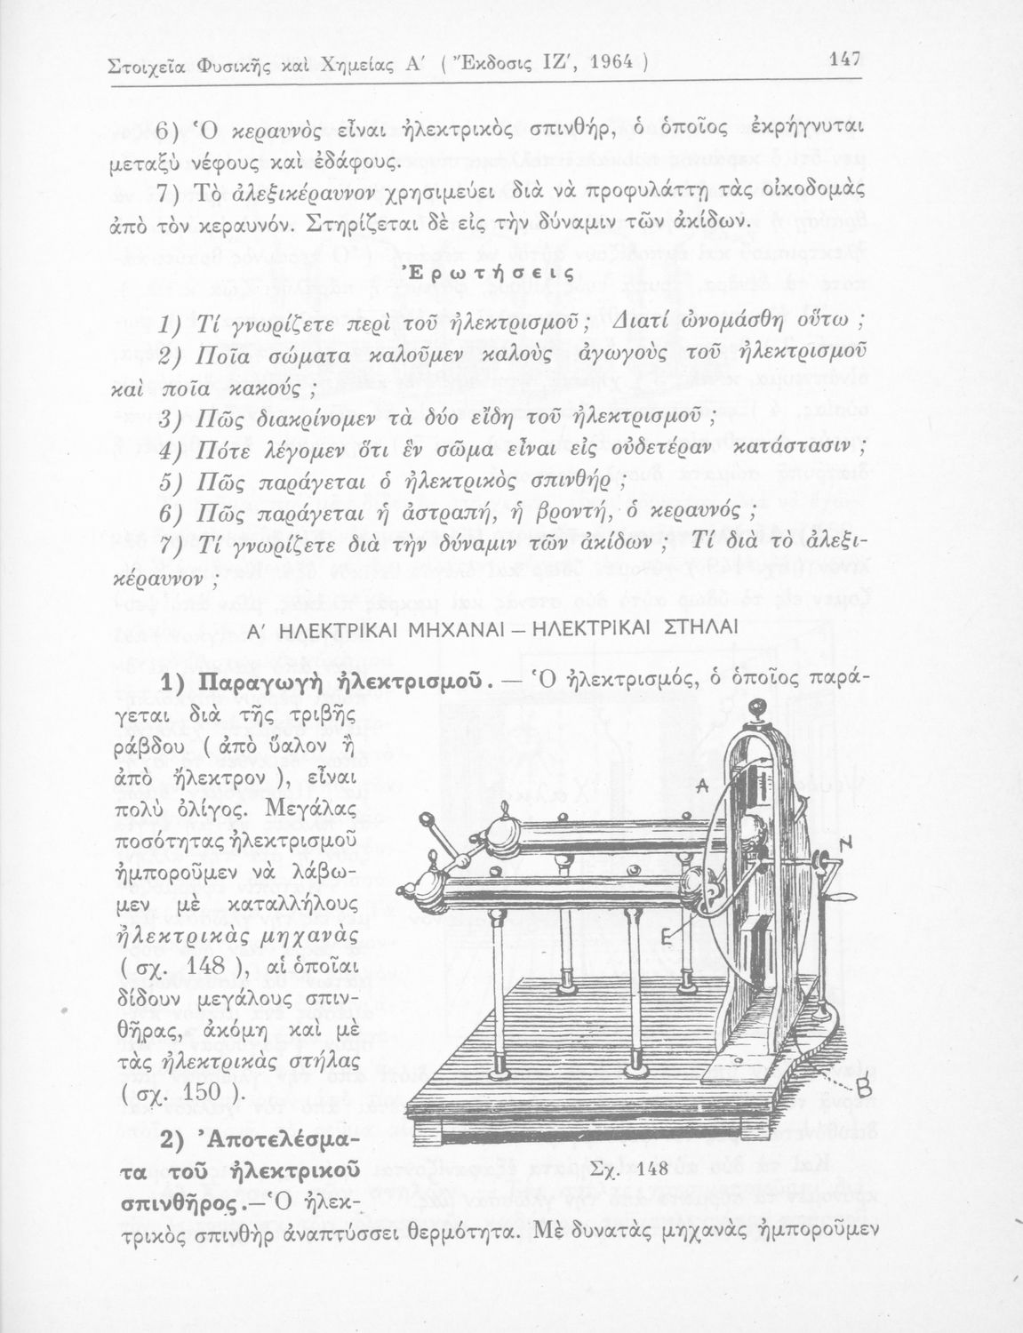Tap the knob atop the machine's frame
coord(757,710)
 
